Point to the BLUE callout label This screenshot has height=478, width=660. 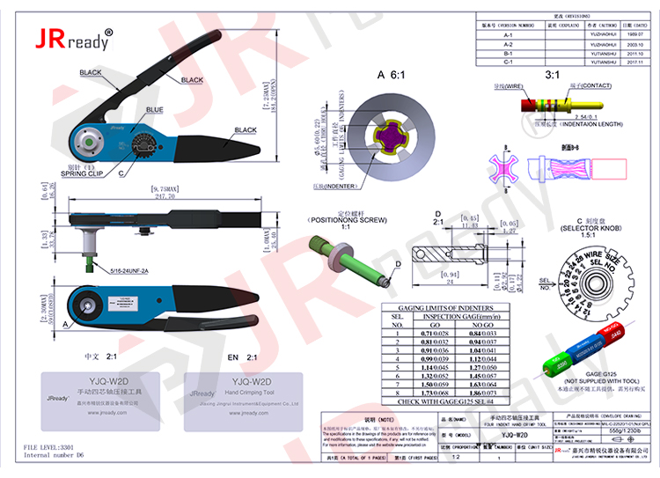pyautogui.click(x=154, y=110)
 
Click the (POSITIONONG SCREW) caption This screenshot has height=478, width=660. pyautogui.click(x=345, y=220)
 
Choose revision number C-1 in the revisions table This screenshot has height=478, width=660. pyautogui.click(x=508, y=62)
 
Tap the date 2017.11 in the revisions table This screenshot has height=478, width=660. pyautogui.click(x=635, y=62)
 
